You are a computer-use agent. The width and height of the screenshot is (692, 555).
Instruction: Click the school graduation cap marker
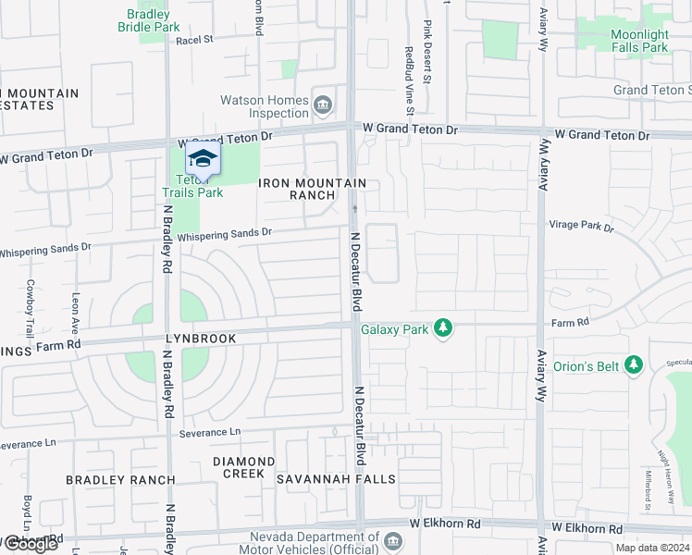pos(203,158)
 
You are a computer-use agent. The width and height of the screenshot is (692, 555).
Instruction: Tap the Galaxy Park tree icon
pos(444,328)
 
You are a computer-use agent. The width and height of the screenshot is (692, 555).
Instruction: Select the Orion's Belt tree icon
pos(634,365)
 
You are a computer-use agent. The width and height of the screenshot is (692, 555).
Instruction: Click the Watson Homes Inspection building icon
pos(323,103)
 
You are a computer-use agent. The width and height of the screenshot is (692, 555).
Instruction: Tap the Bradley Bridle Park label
pos(148,20)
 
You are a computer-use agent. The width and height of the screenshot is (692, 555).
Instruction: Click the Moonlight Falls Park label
pos(638,41)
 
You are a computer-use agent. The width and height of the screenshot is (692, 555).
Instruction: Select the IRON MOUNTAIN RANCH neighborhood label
pos(313,189)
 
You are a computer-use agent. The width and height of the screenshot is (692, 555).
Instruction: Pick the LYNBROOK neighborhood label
pos(201,339)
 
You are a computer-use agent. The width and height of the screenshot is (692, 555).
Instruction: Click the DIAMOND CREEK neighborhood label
pos(243,467)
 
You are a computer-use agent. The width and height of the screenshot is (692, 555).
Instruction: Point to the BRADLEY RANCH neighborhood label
pos(120,480)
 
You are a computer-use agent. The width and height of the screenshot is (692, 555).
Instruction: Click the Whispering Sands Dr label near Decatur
pos(225,236)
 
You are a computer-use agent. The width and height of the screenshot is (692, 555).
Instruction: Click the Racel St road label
pos(194,40)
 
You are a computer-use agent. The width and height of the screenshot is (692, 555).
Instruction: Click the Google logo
pos(31,543)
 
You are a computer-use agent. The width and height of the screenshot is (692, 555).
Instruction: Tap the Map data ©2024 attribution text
pos(652,548)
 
